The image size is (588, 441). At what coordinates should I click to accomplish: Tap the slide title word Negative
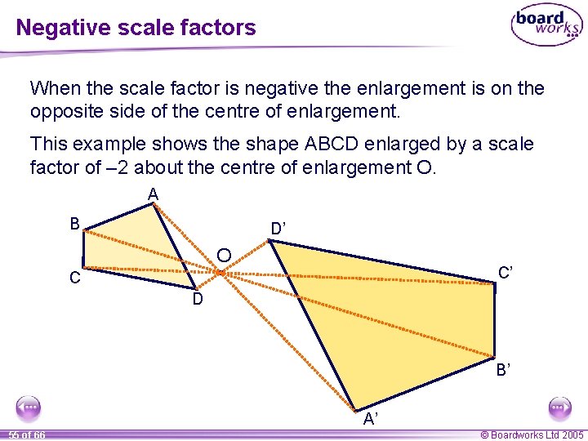point(56,28)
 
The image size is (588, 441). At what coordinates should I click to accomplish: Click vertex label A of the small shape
point(153,194)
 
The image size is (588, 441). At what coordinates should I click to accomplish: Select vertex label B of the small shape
point(74,224)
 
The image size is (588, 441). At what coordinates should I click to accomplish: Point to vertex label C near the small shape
point(74,278)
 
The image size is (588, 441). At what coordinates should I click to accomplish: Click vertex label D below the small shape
point(198,300)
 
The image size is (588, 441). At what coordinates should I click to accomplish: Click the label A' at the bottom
point(371,420)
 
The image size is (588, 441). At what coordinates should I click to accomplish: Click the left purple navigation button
point(29,407)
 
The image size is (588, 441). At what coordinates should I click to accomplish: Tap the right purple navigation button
point(559,407)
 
